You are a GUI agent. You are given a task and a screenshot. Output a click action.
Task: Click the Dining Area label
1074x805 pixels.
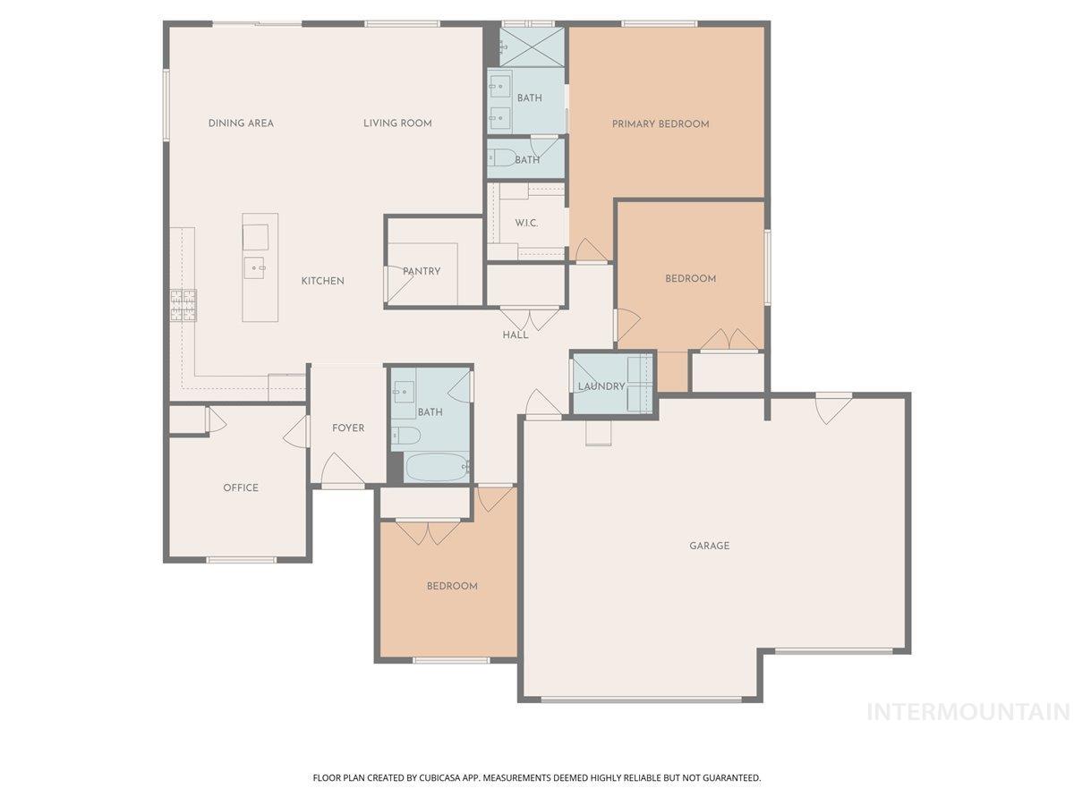click(x=241, y=123)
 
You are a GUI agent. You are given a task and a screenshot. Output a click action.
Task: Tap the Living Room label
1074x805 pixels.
click(x=397, y=123)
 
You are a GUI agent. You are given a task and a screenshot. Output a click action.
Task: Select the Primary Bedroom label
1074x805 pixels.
click(x=661, y=124)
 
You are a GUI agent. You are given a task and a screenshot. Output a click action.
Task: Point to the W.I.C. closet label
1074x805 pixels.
click(x=526, y=224)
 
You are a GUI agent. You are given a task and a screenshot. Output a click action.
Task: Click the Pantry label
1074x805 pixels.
click(x=422, y=271)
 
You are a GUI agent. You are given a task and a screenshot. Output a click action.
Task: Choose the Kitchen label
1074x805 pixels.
click(x=322, y=281)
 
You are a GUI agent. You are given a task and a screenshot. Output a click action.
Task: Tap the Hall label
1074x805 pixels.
click(x=516, y=335)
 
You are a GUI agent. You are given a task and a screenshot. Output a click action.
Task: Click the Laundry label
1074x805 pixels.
click(x=601, y=386)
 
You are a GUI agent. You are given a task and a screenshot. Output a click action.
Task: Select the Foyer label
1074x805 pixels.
click(x=348, y=428)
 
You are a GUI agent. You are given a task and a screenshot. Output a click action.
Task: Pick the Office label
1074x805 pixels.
click(x=241, y=487)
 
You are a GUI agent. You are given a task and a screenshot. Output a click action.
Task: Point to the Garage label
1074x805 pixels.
click(x=709, y=546)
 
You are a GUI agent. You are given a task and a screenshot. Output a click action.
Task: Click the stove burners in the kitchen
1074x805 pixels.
click(x=183, y=306)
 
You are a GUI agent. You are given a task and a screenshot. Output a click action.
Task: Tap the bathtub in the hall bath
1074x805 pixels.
click(x=437, y=467)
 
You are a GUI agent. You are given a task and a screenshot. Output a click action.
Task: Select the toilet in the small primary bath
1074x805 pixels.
click(x=502, y=157)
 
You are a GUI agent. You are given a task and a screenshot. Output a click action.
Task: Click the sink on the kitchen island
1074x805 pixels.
click(x=254, y=267)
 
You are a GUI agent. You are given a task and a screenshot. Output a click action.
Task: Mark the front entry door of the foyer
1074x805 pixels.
click(x=343, y=470)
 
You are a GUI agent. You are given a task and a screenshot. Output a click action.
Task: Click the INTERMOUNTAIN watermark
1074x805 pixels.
click(x=967, y=712)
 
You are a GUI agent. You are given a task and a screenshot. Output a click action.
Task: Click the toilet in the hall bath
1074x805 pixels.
click(x=405, y=436)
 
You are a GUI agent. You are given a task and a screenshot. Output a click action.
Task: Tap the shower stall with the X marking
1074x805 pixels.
click(x=532, y=47)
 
